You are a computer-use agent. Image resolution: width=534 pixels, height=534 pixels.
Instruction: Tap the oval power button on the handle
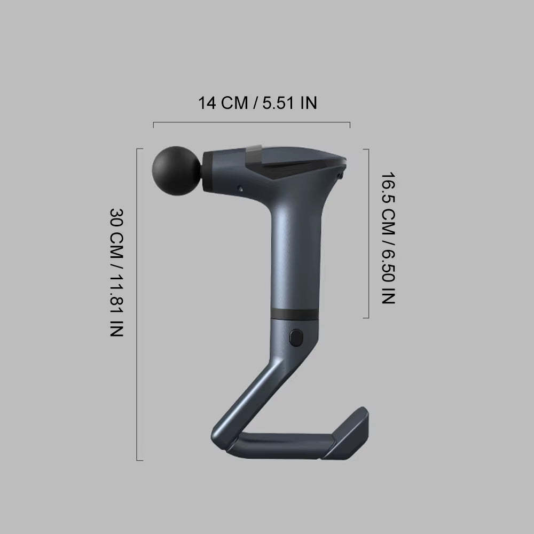pyautogui.click(x=295, y=339)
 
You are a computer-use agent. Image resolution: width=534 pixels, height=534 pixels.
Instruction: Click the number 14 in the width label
pyautogui.click(x=207, y=103)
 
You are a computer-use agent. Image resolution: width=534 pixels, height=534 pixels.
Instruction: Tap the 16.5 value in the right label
pyautogui.click(x=388, y=187)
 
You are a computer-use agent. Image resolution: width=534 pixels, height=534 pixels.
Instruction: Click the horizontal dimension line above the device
pyautogui.click(x=251, y=123)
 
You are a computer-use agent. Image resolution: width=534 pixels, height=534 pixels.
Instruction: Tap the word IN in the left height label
pyautogui.click(x=117, y=328)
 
